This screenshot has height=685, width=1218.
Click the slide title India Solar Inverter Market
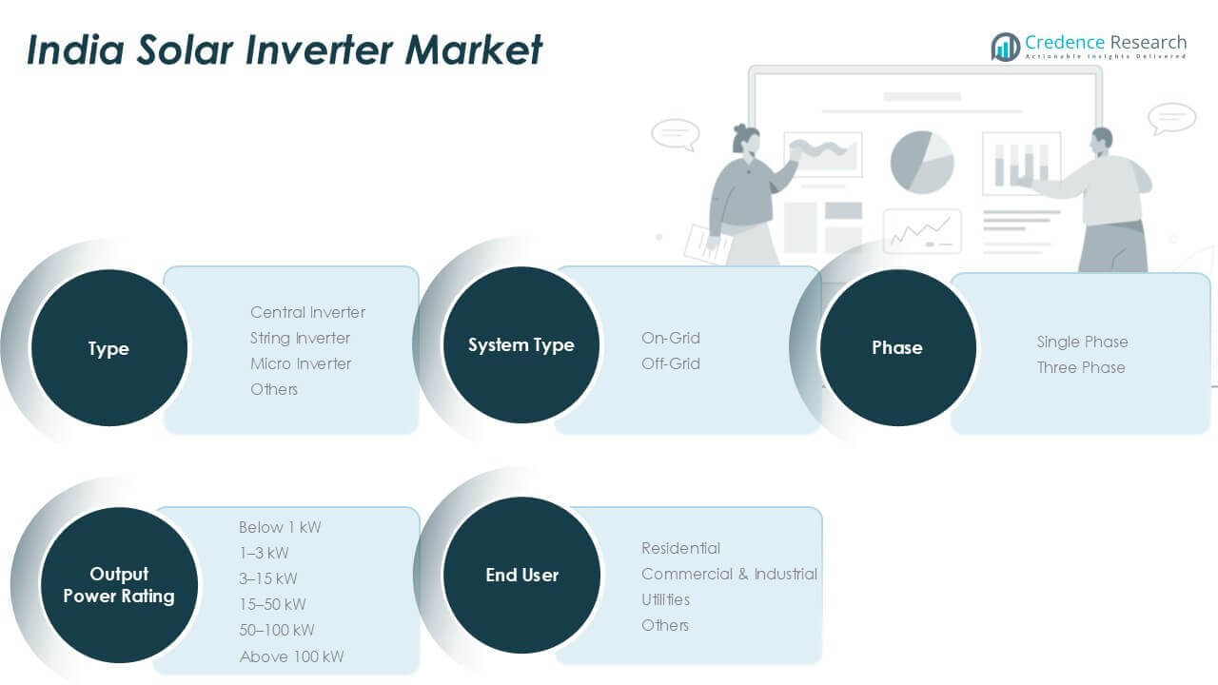pyautogui.click(x=285, y=49)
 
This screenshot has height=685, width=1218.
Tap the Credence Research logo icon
pyautogui.click(x=1005, y=47)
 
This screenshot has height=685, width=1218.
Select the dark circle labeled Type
pyautogui.click(x=108, y=348)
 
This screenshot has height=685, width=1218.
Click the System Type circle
pyautogui.click(x=521, y=345)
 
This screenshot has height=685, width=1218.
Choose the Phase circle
pyautogui.click(x=897, y=347)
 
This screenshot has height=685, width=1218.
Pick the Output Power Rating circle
pyautogui.click(x=119, y=585)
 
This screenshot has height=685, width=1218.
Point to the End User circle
pyautogui.click(x=521, y=575)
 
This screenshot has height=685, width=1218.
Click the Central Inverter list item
pyautogui.click(x=307, y=312)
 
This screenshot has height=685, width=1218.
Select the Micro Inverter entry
pyautogui.click(x=301, y=363)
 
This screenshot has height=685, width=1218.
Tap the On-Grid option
pyautogui.click(x=671, y=338)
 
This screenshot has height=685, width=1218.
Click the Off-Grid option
pyautogui.click(x=671, y=363)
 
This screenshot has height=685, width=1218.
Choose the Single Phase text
pyautogui.click(x=1082, y=342)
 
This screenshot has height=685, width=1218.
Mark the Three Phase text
pyautogui.click(x=1081, y=367)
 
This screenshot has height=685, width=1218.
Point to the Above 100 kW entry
pyautogui.click(x=291, y=656)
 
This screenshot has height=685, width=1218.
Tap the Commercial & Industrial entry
pyautogui.click(x=729, y=574)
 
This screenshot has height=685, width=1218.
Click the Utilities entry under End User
pyautogui.click(x=666, y=599)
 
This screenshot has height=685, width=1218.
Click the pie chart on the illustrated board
pyautogui.click(x=922, y=162)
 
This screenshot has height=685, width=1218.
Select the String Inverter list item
pyautogui.click(x=300, y=338)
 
